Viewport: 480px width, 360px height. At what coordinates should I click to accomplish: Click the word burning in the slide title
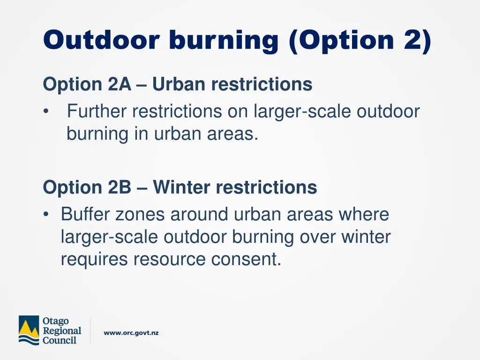(224, 40)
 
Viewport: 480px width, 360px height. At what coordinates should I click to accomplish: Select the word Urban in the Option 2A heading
(179, 85)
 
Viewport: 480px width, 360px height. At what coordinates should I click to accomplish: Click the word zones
(140, 215)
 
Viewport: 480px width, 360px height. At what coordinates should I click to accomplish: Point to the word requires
(94, 260)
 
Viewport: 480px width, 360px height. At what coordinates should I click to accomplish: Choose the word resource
(169, 260)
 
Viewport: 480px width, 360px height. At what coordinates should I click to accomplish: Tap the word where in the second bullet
(363, 215)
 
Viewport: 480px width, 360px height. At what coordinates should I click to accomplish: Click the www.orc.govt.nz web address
(131, 333)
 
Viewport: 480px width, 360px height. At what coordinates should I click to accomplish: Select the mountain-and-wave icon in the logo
(29, 330)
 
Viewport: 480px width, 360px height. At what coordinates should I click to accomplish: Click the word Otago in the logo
(56, 321)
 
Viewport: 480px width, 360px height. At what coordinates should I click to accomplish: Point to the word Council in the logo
(60, 340)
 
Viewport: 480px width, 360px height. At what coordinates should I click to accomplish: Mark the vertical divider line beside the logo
(90, 330)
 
